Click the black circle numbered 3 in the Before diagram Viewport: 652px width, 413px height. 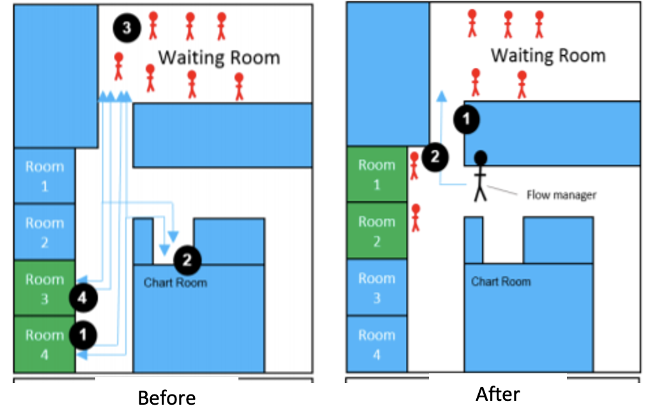[127, 28]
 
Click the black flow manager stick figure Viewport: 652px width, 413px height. [480, 176]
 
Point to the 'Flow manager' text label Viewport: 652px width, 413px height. [561, 194]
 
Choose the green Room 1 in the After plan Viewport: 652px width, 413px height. [376, 175]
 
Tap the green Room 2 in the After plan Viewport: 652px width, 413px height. [376, 231]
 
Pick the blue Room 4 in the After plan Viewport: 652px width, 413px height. [376, 343]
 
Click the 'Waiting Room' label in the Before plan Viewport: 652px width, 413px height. [219, 58]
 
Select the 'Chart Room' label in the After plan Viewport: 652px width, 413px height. [501, 281]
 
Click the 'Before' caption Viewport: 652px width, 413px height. [167, 398]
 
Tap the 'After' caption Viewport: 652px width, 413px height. [498, 394]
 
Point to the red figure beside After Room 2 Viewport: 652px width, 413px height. [415, 217]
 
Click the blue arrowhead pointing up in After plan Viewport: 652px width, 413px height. [440, 97]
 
